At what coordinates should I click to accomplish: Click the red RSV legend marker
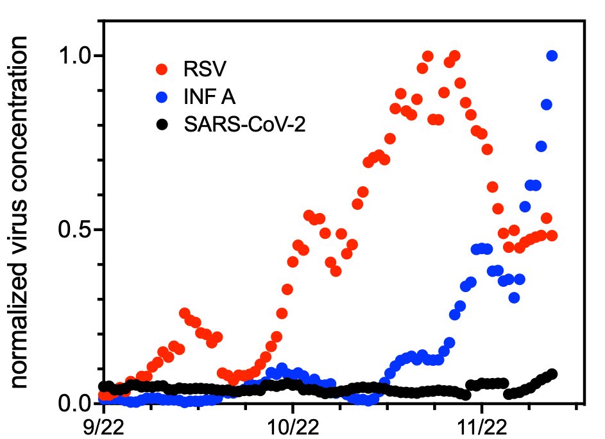pyautogui.click(x=162, y=69)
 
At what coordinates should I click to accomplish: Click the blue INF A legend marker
pyautogui.click(x=162, y=97)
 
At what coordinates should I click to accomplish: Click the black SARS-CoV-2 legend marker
pyautogui.click(x=162, y=125)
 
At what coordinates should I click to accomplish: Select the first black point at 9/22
pyautogui.click(x=103, y=386)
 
